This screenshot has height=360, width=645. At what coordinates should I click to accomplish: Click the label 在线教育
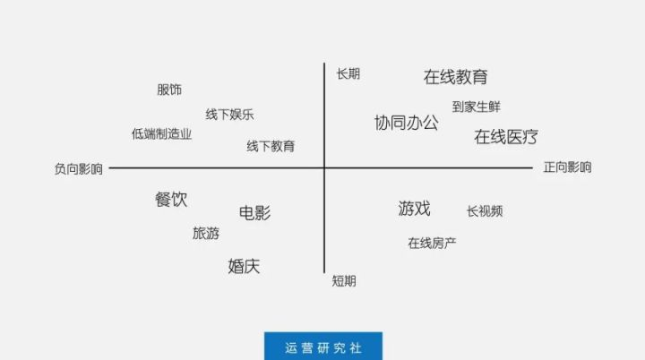pyautogui.click(x=455, y=77)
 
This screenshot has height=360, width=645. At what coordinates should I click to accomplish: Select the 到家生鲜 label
pyautogui.click(x=477, y=107)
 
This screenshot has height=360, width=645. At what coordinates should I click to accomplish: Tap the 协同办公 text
pyautogui.click(x=407, y=123)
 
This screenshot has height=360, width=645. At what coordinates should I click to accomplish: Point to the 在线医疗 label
pyautogui.click(x=506, y=137)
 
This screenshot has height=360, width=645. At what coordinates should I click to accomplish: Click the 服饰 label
pyautogui.click(x=169, y=90)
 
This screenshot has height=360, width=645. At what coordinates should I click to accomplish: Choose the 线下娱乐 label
pyautogui.click(x=229, y=115)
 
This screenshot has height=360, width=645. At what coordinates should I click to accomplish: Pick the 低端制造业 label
pyautogui.click(x=161, y=133)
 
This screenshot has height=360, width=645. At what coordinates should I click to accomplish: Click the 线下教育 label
pyautogui.click(x=271, y=146)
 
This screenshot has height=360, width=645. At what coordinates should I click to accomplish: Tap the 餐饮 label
pyautogui.click(x=171, y=200)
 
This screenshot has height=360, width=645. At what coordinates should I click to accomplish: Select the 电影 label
pyautogui.click(x=255, y=213)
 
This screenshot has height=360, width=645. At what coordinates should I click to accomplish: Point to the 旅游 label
pyautogui.click(x=206, y=233)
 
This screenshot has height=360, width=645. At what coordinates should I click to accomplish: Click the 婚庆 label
pyautogui.click(x=244, y=266)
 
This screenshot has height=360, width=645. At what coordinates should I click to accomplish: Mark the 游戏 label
pyautogui.click(x=414, y=209)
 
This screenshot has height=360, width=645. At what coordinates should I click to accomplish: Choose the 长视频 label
pyautogui.click(x=485, y=211)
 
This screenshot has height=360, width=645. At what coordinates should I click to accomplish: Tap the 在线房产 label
pyautogui.click(x=432, y=244)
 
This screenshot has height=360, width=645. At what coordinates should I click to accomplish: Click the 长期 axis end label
pyautogui.click(x=348, y=74)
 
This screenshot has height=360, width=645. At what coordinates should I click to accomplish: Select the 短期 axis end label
pyautogui.click(x=344, y=281)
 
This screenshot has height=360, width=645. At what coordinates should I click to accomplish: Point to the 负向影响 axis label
pyautogui.click(x=79, y=168)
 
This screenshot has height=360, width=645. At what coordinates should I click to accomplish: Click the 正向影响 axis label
pyautogui.click(x=568, y=167)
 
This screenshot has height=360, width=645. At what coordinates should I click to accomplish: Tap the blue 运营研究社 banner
pyautogui.click(x=323, y=346)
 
